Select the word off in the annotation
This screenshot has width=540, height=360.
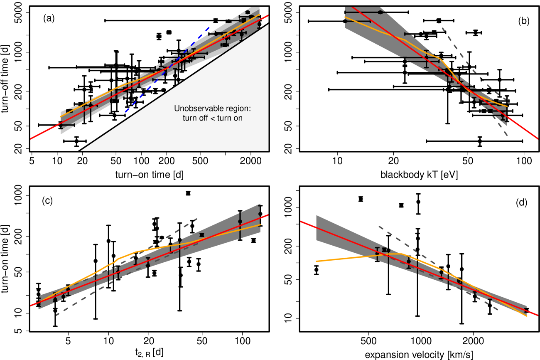click(206, 118)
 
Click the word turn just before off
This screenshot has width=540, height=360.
click(190, 118)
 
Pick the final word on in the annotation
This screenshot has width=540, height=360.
click(238, 118)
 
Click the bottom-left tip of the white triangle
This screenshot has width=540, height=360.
click(81, 150)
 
